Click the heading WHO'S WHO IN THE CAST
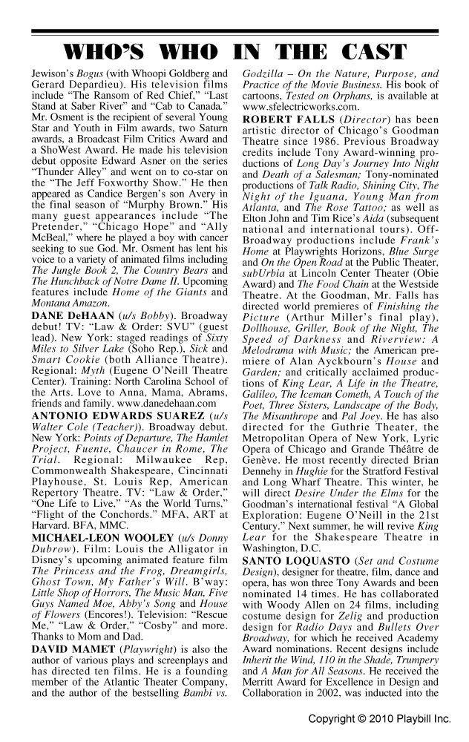234,53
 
